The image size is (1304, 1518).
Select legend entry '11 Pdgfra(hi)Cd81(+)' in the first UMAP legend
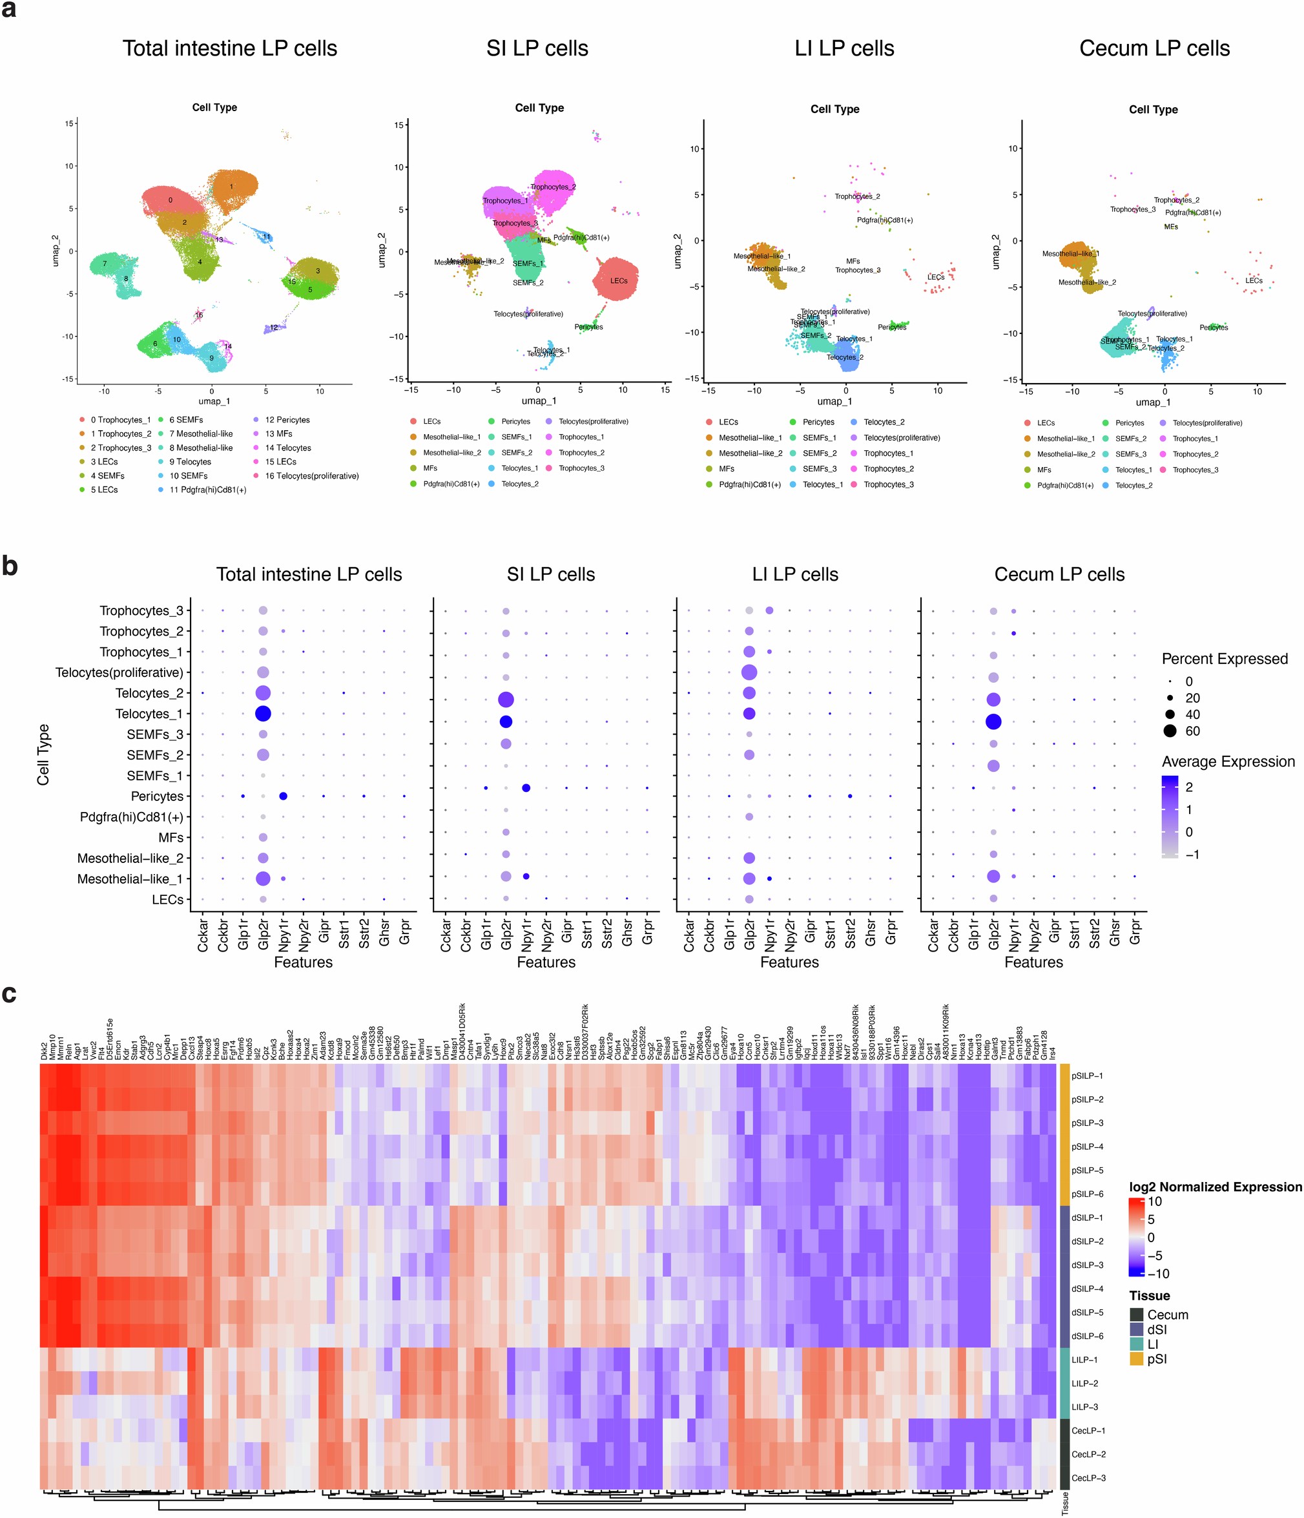coord(207,490)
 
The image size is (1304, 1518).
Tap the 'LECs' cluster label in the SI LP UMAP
coord(618,280)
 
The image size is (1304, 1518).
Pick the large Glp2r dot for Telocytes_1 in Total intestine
coord(263,713)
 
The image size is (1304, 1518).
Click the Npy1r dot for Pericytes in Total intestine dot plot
coord(283,796)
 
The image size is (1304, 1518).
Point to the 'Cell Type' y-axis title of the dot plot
coord(43,754)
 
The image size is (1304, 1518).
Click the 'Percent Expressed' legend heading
coord(1224,659)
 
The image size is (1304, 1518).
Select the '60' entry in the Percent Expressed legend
coord(1192,731)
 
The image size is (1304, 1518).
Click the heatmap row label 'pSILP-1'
coord(1086,1076)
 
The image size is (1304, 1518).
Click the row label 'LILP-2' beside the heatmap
coord(1084,1382)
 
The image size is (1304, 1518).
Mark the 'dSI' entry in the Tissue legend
coord(1157,1329)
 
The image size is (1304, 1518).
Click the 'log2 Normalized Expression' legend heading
coord(1216,1186)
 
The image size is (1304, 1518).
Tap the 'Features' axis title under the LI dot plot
coord(789,962)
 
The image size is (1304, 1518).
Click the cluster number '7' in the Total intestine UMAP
coord(105,264)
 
